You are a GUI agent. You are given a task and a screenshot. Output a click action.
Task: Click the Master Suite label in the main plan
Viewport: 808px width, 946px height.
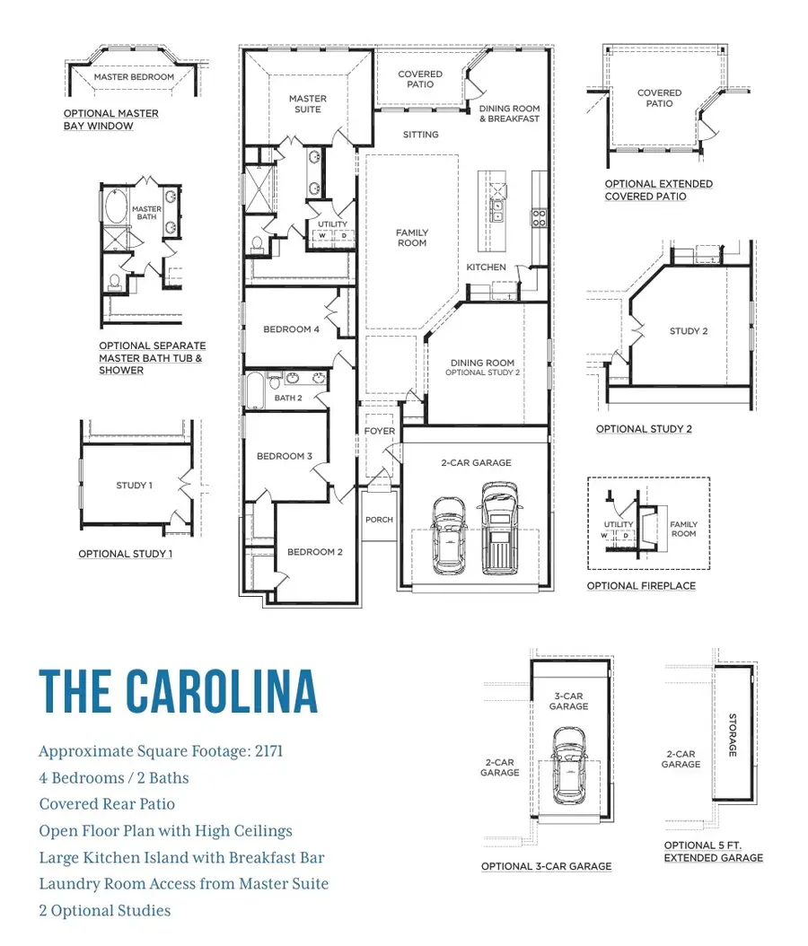(308, 104)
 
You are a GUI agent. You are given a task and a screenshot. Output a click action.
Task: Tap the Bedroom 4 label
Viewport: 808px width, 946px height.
(292, 329)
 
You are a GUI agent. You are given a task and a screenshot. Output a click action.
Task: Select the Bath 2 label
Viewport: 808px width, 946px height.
(288, 399)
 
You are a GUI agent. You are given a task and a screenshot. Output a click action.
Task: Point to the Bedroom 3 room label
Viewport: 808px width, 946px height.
(285, 456)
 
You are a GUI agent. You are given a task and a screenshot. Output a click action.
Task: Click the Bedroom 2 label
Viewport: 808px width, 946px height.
(315, 552)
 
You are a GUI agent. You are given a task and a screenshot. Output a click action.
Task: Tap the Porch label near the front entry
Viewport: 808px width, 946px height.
(379, 520)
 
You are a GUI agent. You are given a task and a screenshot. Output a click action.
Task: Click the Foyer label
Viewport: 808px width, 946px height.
(380, 432)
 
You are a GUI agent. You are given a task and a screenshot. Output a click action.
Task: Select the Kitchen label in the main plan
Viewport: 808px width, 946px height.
(487, 267)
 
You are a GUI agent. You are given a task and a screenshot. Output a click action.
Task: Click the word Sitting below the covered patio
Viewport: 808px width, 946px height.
(420, 135)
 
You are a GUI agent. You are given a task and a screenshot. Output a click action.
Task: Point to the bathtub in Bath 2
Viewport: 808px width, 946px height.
(256, 390)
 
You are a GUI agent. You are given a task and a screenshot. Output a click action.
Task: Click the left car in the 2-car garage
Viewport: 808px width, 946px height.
(449, 535)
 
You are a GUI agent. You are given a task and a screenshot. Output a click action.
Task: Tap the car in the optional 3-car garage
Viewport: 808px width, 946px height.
(569, 765)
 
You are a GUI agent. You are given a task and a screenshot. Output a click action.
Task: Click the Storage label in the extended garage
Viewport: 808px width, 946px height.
(733, 735)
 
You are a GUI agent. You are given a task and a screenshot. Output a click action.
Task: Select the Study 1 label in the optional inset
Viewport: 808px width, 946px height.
(134, 486)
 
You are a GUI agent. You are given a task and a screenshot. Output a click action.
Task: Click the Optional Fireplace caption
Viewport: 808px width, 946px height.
(641, 586)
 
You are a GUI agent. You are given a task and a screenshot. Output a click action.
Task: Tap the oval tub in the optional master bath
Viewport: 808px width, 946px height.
(114, 207)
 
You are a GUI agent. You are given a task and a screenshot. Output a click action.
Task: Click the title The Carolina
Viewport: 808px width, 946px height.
(179, 691)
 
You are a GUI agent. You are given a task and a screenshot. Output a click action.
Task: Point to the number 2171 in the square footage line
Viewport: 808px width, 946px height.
(269, 751)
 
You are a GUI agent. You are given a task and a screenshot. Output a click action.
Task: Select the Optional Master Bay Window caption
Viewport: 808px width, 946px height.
(111, 119)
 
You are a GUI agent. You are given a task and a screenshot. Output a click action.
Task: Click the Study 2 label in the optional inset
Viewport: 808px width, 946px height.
(689, 331)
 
